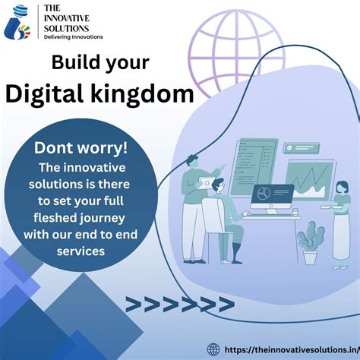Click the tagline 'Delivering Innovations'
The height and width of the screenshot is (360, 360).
[74, 36]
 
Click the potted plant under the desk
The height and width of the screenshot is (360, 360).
[309, 245]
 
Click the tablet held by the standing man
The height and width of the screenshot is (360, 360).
[205, 182]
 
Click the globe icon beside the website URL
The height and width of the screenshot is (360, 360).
[213, 349]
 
